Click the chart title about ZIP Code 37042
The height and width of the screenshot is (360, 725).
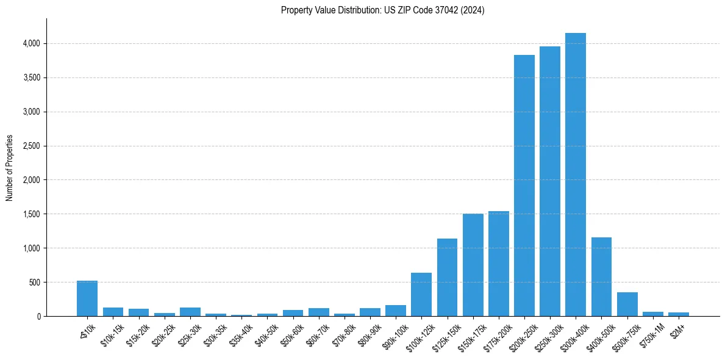(x=382, y=10)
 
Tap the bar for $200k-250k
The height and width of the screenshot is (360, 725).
(x=524, y=185)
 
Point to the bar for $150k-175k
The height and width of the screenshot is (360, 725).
(x=473, y=265)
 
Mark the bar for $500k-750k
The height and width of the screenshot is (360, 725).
(x=627, y=304)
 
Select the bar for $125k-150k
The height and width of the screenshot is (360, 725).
(x=447, y=277)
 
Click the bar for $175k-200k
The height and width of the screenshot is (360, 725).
(x=498, y=264)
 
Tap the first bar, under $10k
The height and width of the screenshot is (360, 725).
(x=87, y=298)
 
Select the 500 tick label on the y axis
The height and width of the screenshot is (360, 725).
(x=34, y=283)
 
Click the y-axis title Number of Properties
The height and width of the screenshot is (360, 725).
(x=10, y=167)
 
